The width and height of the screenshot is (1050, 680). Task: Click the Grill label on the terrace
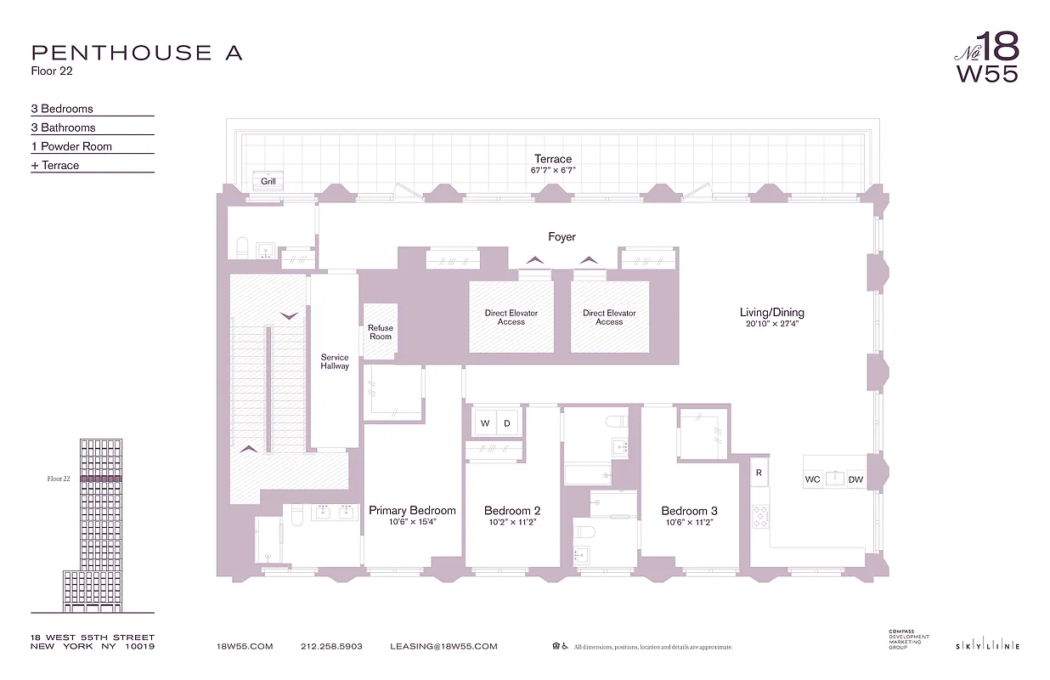click(x=268, y=181)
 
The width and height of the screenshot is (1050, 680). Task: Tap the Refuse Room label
click(x=381, y=332)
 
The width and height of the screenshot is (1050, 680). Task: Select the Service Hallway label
click(x=335, y=362)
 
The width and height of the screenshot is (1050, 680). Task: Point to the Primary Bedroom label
click(x=412, y=511)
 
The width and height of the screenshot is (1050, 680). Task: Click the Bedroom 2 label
click(x=512, y=511)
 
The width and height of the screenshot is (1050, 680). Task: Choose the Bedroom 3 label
click(x=689, y=511)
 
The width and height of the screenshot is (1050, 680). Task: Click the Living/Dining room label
click(x=771, y=313)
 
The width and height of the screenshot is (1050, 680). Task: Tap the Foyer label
click(x=562, y=237)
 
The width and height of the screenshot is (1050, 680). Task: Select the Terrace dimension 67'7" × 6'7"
click(x=553, y=171)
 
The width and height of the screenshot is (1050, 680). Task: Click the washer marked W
click(x=486, y=423)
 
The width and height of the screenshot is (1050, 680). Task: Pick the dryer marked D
click(x=507, y=423)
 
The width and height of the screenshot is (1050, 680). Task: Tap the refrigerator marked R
click(x=759, y=471)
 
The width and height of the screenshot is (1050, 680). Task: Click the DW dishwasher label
click(x=855, y=480)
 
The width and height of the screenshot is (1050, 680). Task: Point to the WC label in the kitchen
click(x=813, y=480)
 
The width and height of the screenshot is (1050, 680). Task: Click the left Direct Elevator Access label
click(x=511, y=317)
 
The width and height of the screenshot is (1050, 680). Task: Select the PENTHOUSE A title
click(x=137, y=53)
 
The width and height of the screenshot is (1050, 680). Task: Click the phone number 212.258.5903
click(x=331, y=647)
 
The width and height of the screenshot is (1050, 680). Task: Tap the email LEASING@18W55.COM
click(x=443, y=647)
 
